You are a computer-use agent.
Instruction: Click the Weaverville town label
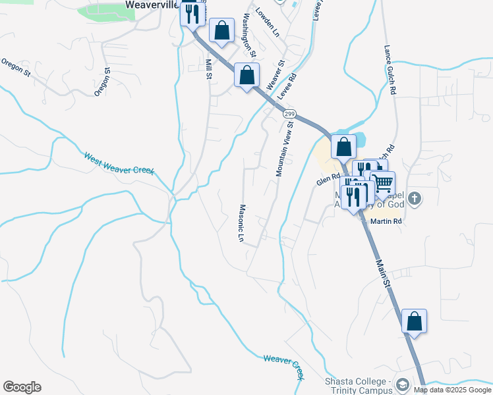point(152,5)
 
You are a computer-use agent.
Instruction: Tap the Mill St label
point(209,69)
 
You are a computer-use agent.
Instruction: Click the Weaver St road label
point(275,76)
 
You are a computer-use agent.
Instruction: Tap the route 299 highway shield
point(289,114)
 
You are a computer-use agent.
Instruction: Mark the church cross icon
point(414,198)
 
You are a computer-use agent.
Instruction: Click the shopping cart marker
point(382,182)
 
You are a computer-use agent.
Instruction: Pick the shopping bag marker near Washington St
point(222,30)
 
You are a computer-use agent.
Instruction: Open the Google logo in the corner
point(22,387)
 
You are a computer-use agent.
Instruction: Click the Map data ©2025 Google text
point(452,390)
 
